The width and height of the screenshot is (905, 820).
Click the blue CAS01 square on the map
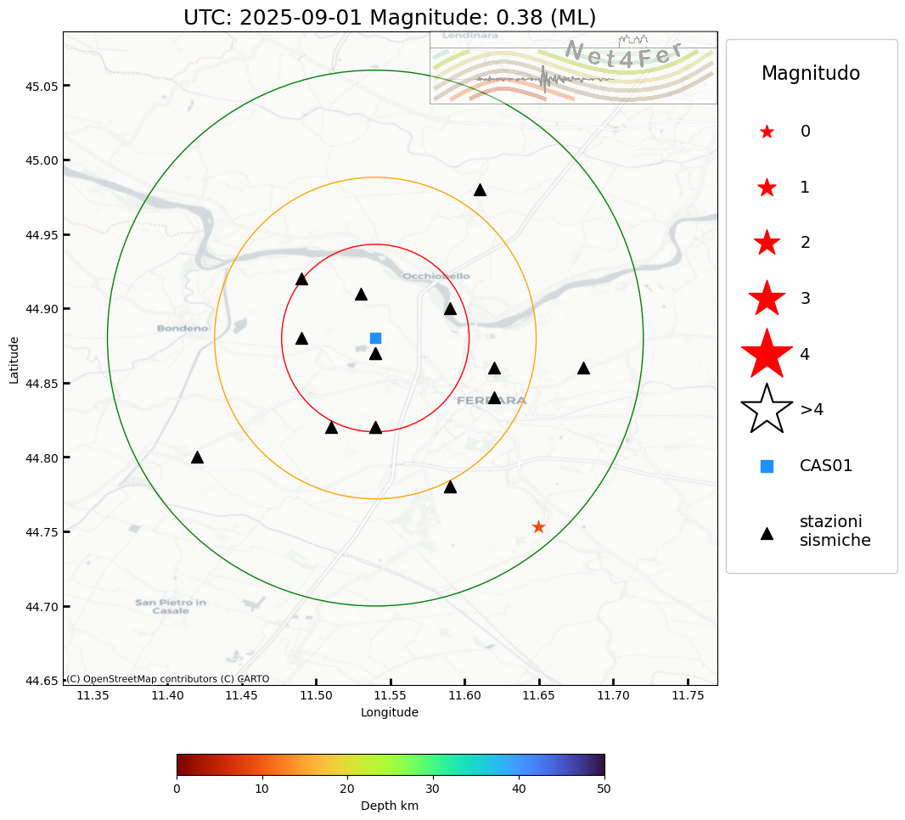coord(375,338)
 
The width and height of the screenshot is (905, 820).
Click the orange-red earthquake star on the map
coord(538,527)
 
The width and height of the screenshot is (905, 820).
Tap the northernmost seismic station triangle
coord(480,189)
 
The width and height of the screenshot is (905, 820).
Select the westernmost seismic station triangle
coord(197,457)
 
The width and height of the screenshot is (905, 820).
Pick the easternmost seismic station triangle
coord(583,368)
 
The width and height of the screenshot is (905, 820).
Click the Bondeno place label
coord(183,329)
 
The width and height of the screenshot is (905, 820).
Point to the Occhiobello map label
coord(436,277)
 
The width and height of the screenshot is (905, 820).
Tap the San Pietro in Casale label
coord(171,607)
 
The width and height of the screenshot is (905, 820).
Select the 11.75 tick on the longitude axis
coord(688,696)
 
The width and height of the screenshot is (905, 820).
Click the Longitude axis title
coord(390,713)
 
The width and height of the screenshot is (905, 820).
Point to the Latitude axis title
coord(14,360)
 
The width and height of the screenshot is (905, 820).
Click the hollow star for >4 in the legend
coord(767,409)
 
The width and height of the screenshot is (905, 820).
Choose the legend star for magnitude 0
coord(767,132)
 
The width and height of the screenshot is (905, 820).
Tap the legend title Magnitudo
coord(811,74)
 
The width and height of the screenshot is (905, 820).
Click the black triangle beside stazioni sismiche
coord(767,533)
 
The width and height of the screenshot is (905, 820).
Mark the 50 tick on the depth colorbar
coord(604,789)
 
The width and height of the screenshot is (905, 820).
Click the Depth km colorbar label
coord(390,806)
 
